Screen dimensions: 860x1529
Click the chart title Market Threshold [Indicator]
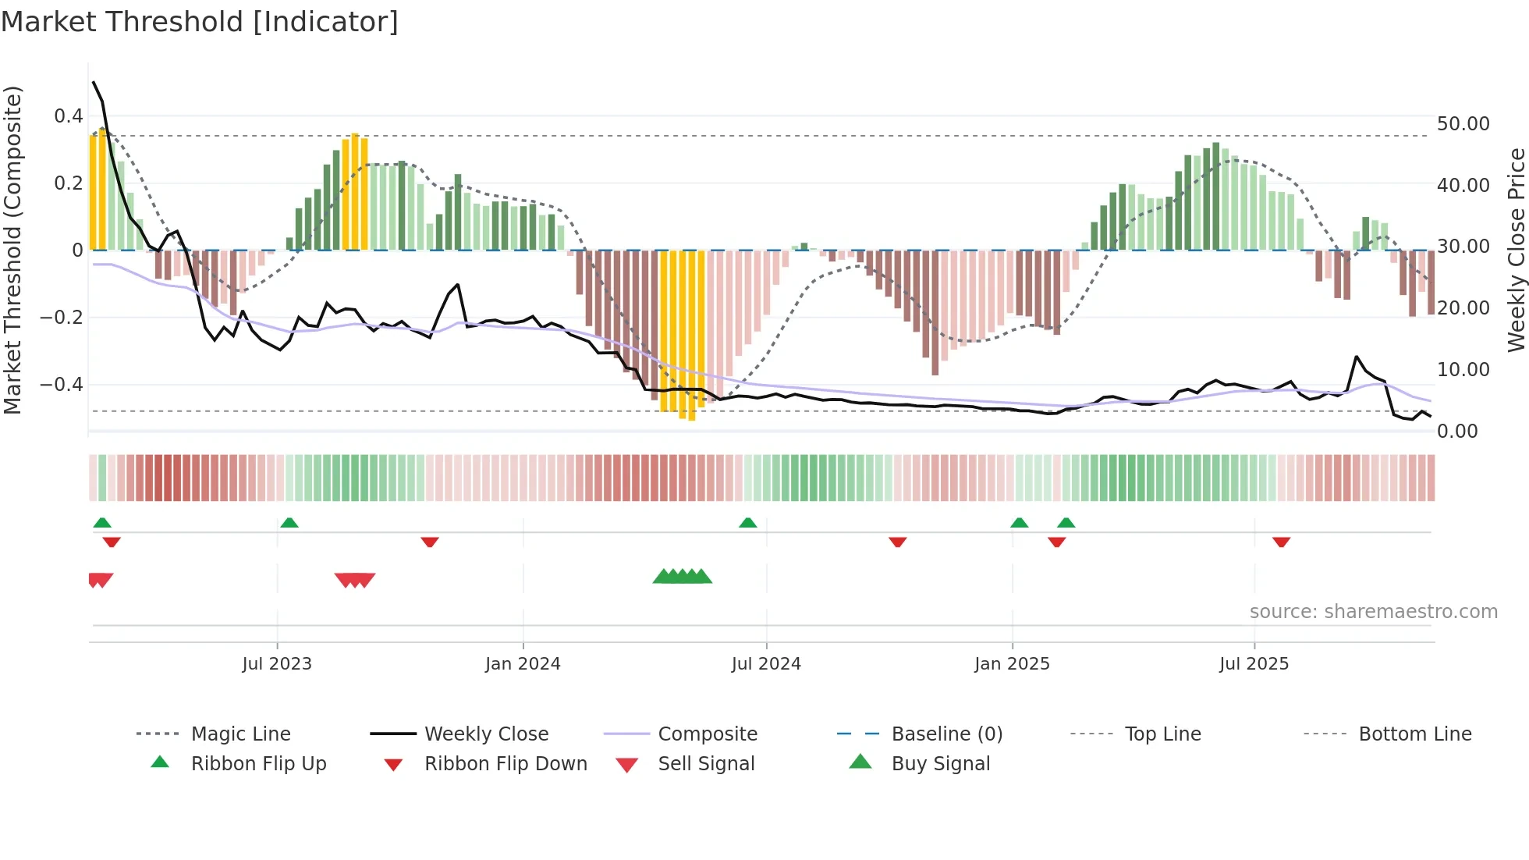coord(200,22)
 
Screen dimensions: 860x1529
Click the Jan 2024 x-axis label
coord(523,664)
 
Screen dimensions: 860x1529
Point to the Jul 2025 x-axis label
coord(1254,664)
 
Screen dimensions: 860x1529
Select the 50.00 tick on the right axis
coord(1463,124)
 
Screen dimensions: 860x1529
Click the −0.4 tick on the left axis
coord(62,385)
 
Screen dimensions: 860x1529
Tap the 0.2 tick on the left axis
coord(68,183)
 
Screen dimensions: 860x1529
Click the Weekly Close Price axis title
coord(1516,250)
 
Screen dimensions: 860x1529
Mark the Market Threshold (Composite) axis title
coord(12,250)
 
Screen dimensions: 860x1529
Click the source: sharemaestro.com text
coord(1373,612)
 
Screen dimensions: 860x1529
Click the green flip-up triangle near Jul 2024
coord(747,522)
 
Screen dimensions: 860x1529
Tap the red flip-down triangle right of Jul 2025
coord(1281,542)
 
